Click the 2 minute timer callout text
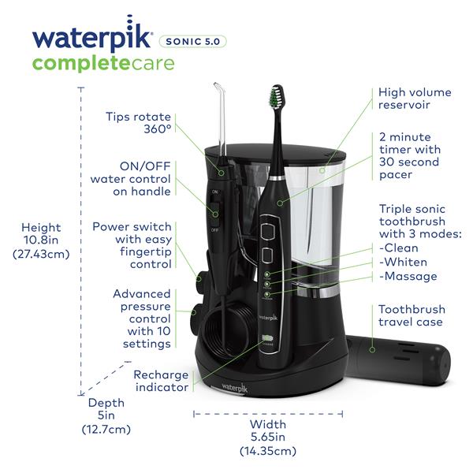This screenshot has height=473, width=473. (x=409, y=156)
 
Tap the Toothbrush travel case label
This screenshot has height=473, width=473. (x=412, y=316)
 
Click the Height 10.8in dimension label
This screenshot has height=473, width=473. (x=47, y=240)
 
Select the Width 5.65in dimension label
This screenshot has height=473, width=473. (x=267, y=437)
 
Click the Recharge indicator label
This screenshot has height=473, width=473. (x=160, y=381)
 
